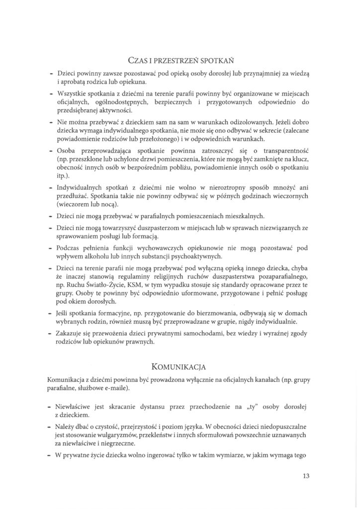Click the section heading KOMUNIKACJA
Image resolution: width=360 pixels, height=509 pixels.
(180, 368)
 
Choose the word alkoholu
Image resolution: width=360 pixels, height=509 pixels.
(114, 257)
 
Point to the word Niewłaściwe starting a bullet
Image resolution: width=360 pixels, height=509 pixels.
(77, 407)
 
